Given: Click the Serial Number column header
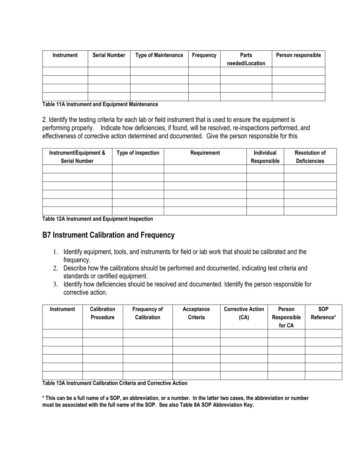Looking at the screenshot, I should [x=109, y=55].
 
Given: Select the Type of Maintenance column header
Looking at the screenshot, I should [x=159, y=55].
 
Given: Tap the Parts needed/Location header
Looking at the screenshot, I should [x=246, y=59].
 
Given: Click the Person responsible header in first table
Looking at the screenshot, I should [x=298, y=55].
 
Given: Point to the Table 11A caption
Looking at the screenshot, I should [x=100, y=104].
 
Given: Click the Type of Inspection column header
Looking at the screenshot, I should [x=138, y=153].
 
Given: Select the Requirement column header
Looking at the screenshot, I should [x=205, y=153].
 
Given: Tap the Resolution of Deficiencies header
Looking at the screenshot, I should [x=310, y=157].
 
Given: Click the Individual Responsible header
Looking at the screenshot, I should [x=265, y=157].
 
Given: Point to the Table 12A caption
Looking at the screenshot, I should [x=97, y=219].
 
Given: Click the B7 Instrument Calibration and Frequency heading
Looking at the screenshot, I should [x=108, y=235].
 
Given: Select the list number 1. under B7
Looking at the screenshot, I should [x=55, y=252].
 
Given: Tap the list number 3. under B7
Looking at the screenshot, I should [x=55, y=285].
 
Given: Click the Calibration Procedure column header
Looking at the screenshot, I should [x=102, y=313].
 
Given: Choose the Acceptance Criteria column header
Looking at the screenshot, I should [x=196, y=313].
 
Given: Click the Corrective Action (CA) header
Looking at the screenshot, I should [x=244, y=313].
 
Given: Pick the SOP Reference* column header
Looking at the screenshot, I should [x=323, y=313].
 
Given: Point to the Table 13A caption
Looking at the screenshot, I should [x=114, y=383].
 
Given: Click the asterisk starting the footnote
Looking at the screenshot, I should [x=43, y=398].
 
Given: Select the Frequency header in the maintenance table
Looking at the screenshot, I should [x=204, y=55].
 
